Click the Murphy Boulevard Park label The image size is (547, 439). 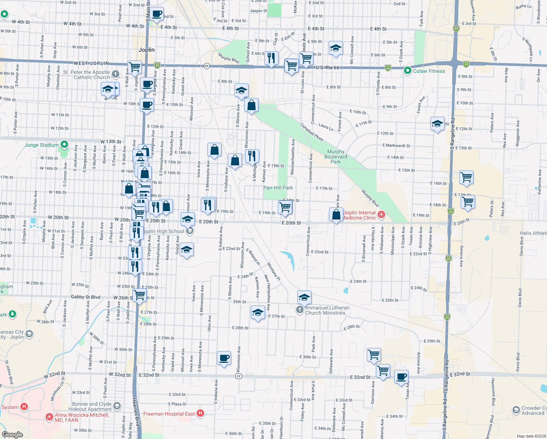click(x=336, y=157)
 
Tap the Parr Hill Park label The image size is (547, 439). click(x=278, y=188)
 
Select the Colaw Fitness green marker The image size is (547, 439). click(x=408, y=71)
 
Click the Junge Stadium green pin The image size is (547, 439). click(x=64, y=145)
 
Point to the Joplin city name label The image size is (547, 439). click(x=147, y=50)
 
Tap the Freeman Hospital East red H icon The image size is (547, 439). click(x=200, y=413)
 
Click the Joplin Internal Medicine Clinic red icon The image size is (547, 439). click(x=381, y=214)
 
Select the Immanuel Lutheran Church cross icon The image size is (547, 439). click(x=299, y=310)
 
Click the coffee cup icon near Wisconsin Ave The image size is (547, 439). click(x=224, y=358)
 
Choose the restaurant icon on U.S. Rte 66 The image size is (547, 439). click(x=271, y=58)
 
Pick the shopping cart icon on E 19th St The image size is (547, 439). click(x=285, y=207)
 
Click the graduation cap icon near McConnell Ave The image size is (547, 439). click(x=336, y=48)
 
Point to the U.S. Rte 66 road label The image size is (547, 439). click(x=327, y=68)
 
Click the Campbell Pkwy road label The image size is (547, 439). click(x=312, y=132)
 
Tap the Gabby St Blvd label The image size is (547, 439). click(x=85, y=297)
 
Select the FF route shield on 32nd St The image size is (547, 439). click(x=239, y=376)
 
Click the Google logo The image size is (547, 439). click(x=12, y=435)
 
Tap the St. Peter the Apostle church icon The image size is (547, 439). click(x=116, y=74)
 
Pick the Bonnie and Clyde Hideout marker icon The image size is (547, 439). click(x=117, y=406)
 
